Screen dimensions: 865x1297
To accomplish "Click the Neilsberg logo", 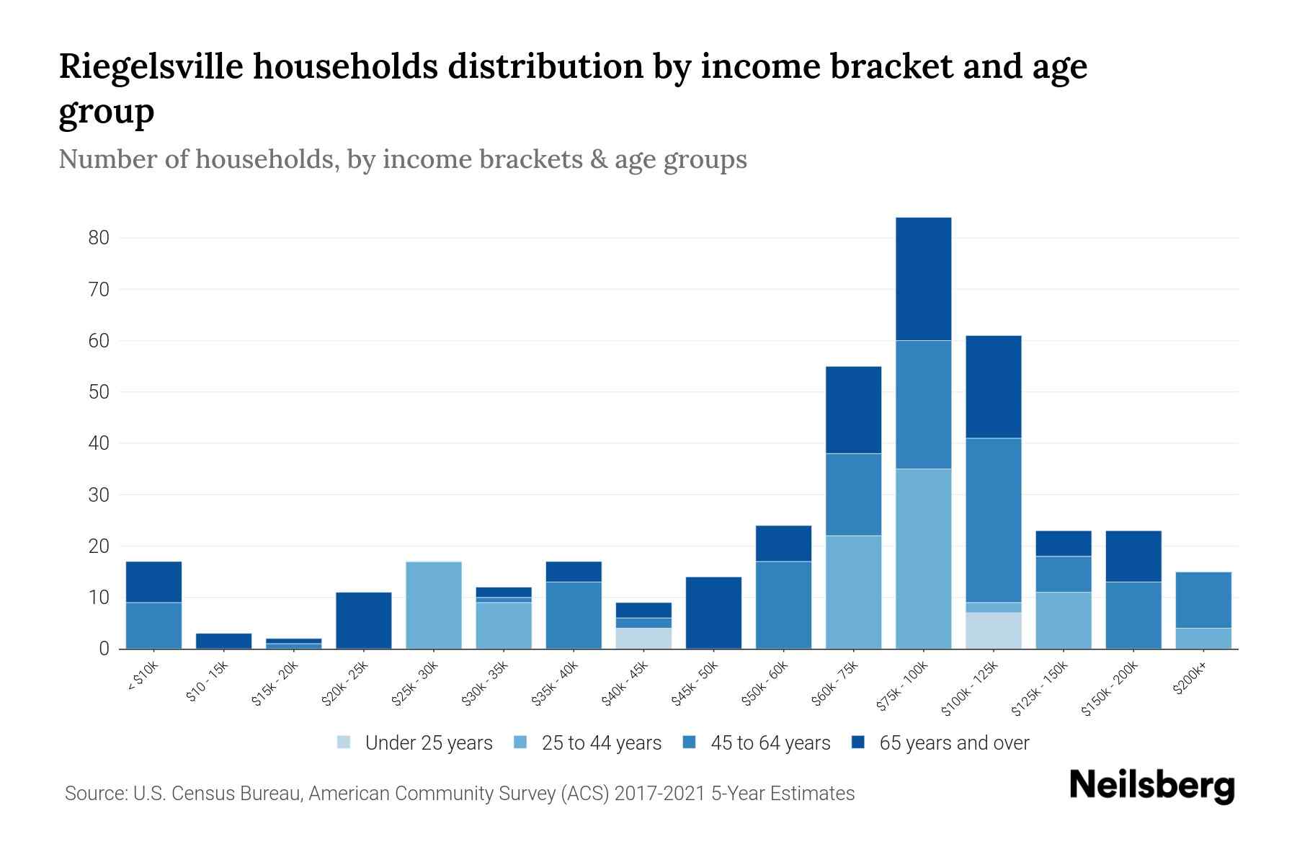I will [x=1151, y=786].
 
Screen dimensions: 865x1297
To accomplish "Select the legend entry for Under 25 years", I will [x=428, y=743].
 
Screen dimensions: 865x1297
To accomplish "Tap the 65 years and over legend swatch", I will [x=858, y=742].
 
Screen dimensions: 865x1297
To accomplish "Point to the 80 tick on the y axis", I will [x=99, y=238].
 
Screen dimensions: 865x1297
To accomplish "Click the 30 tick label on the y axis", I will [x=99, y=495].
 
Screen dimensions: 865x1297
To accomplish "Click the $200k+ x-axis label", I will [x=1190, y=679].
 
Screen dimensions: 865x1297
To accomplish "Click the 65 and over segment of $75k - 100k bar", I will [x=923, y=279].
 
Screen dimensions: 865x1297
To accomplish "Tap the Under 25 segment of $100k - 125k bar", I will [x=993, y=631].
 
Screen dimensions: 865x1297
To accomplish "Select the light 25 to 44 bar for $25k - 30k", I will [x=433, y=605].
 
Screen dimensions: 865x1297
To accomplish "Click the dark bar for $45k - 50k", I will [x=713, y=613].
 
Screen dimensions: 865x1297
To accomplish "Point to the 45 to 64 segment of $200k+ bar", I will [x=1203, y=600].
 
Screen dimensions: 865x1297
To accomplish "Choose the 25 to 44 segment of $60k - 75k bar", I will [x=853, y=592].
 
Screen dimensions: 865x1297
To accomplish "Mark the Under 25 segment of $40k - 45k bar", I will [x=643, y=638].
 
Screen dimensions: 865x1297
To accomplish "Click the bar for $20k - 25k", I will [x=363, y=620].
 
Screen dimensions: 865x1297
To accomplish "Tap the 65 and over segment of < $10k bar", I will [x=153, y=582].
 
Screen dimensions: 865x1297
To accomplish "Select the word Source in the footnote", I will [x=93, y=794].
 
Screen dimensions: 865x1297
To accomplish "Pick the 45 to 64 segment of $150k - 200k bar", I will [x=1133, y=615].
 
